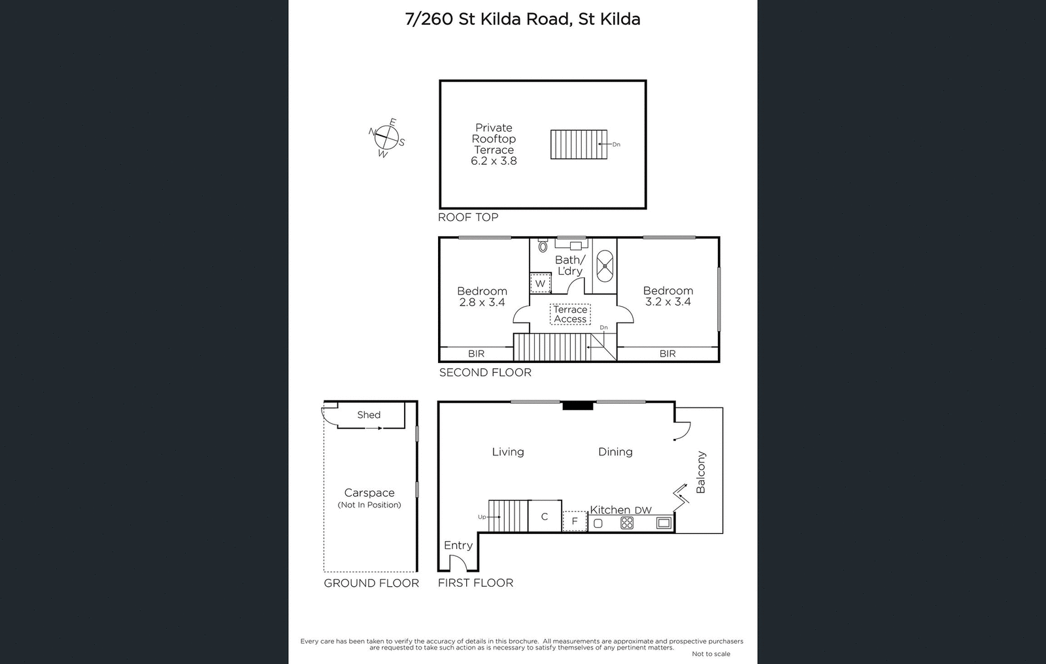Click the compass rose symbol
pos(386,137)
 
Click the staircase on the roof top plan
pos(574,144)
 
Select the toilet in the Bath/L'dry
pos(543,247)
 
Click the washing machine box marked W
pos(540,283)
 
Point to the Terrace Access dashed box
pos(570,315)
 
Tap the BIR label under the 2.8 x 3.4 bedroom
pos(476,353)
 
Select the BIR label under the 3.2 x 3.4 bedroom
pos(667,353)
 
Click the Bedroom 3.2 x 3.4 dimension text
pos(667,302)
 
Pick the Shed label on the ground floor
pos(369,415)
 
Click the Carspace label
pos(369,493)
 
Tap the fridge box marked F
pos(575,521)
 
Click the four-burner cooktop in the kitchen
pos(627,523)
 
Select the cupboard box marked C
pos(544,517)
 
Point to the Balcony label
pos(701,472)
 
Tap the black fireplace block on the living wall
pos(578,406)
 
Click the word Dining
pos(615,451)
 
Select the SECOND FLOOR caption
pos(485,372)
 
